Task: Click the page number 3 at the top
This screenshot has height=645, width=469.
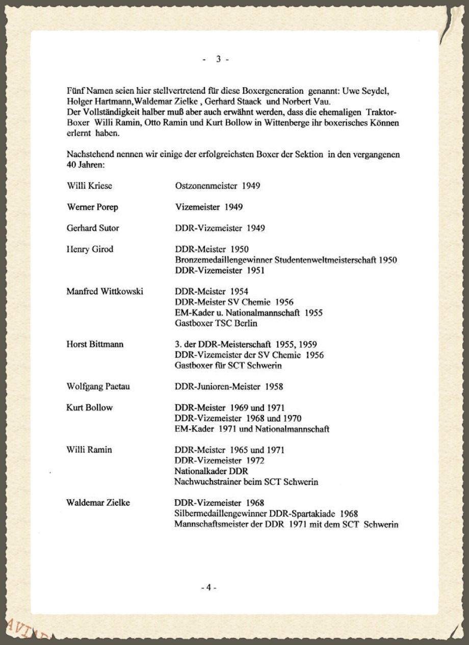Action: coord(218,59)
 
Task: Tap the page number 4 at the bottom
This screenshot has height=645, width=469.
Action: coord(209,587)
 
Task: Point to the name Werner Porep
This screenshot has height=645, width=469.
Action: coord(92,207)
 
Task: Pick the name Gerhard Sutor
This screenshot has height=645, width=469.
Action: coord(93,228)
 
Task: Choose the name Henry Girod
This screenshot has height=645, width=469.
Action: coord(90,249)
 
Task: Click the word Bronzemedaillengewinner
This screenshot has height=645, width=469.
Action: coord(223,260)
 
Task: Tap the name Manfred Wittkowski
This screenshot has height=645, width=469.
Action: coord(105,291)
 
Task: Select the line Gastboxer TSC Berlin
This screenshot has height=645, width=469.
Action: coord(216,323)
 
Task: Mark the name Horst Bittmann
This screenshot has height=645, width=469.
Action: coord(95,344)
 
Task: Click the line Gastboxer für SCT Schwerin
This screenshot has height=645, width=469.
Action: coord(228,366)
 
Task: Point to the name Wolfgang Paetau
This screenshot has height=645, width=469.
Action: coord(98,386)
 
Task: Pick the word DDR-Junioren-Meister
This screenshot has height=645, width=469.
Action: coord(217,386)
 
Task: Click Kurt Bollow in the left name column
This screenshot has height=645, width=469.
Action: coord(89,407)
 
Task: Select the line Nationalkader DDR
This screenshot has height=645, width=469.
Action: coord(211,471)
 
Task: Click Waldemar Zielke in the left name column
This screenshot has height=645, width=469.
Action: coord(98,503)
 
